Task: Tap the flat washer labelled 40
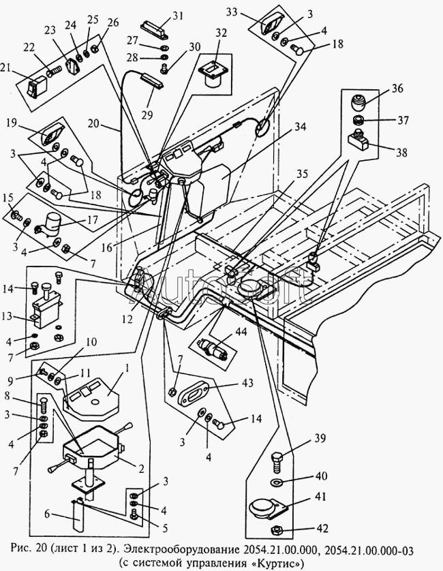pyautogui.click(x=276, y=483)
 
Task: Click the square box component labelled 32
pyautogui.click(x=211, y=75)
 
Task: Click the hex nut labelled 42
pyautogui.click(x=277, y=529)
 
